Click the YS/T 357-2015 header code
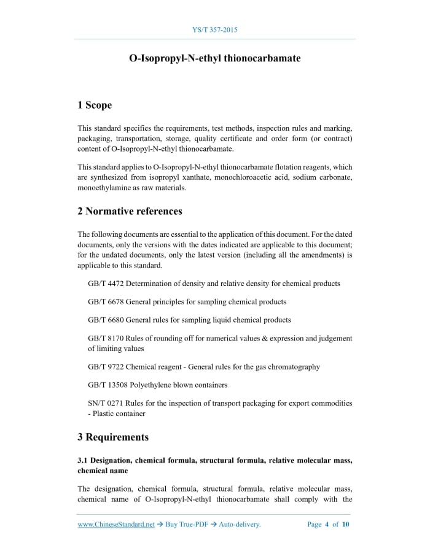pyautogui.click(x=214, y=29)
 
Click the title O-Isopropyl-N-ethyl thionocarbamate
pyautogui.click(x=214, y=59)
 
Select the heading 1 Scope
pyautogui.click(x=95, y=105)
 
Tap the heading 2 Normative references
pyautogui.click(x=130, y=211)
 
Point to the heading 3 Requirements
pyautogui.click(x=113, y=438)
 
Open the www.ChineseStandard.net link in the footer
pyautogui.click(x=116, y=525)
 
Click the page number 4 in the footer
pyautogui.click(x=327, y=525)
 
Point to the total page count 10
pyautogui.click(x=346, y=525)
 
